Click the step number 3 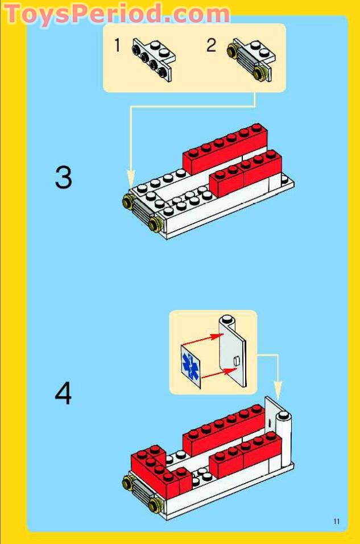tap(64, 177)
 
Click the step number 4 tap(64, 393)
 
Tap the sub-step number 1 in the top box tap(117, 45)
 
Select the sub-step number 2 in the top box tap(211, 45)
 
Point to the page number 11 tap(337, 521)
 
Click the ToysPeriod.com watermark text tap(117, 14)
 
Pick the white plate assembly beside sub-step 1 tap(153, 57)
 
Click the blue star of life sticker tap(190, 365)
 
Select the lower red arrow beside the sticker tap(219, 373)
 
